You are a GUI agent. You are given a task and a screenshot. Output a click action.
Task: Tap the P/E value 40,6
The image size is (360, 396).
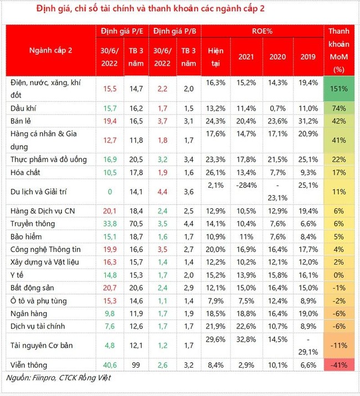[109, 364]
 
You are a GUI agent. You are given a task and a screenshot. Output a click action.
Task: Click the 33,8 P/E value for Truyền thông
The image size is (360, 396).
[109, 224]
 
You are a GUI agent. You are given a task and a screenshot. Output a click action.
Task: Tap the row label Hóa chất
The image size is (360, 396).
[27, 173]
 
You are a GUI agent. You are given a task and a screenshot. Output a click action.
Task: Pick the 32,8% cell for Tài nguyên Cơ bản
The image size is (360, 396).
[246, 340]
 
